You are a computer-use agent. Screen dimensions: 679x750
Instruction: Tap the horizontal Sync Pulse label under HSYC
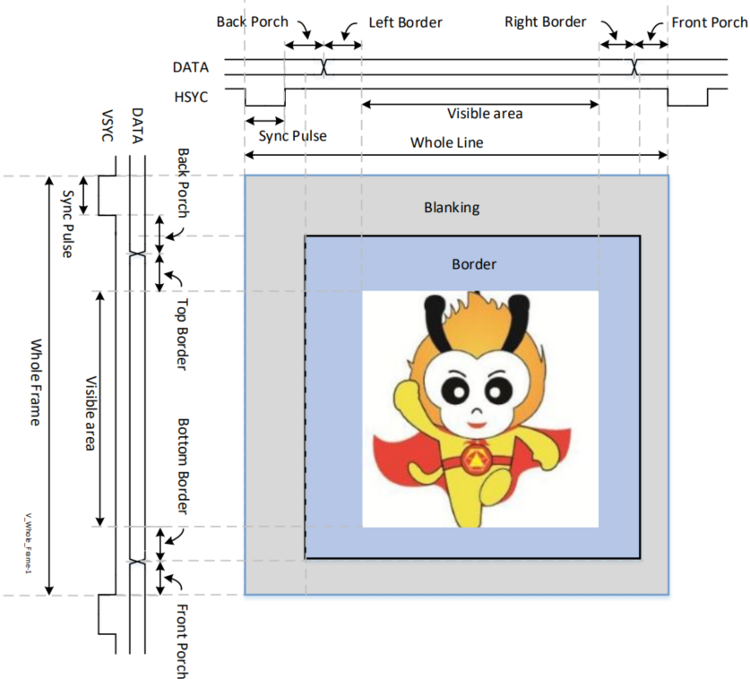(x=292, y=136)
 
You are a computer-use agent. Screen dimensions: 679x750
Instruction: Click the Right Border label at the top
(x=545, y=21)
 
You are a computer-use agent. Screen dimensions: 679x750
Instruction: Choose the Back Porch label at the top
(x=250, y=21)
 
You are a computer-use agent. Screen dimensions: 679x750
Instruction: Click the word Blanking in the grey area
(x=452, y=208)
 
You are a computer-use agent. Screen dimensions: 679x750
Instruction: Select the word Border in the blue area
(x=473, y=264)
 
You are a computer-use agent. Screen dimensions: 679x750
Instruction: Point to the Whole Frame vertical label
(x=35, y=382)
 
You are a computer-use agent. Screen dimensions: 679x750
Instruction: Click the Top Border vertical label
(x=183, y=336)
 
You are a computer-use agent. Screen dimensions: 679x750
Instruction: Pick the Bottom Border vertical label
(x=183, y=466)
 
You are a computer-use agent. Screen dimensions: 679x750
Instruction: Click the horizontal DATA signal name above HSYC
(x=190, y=66)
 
